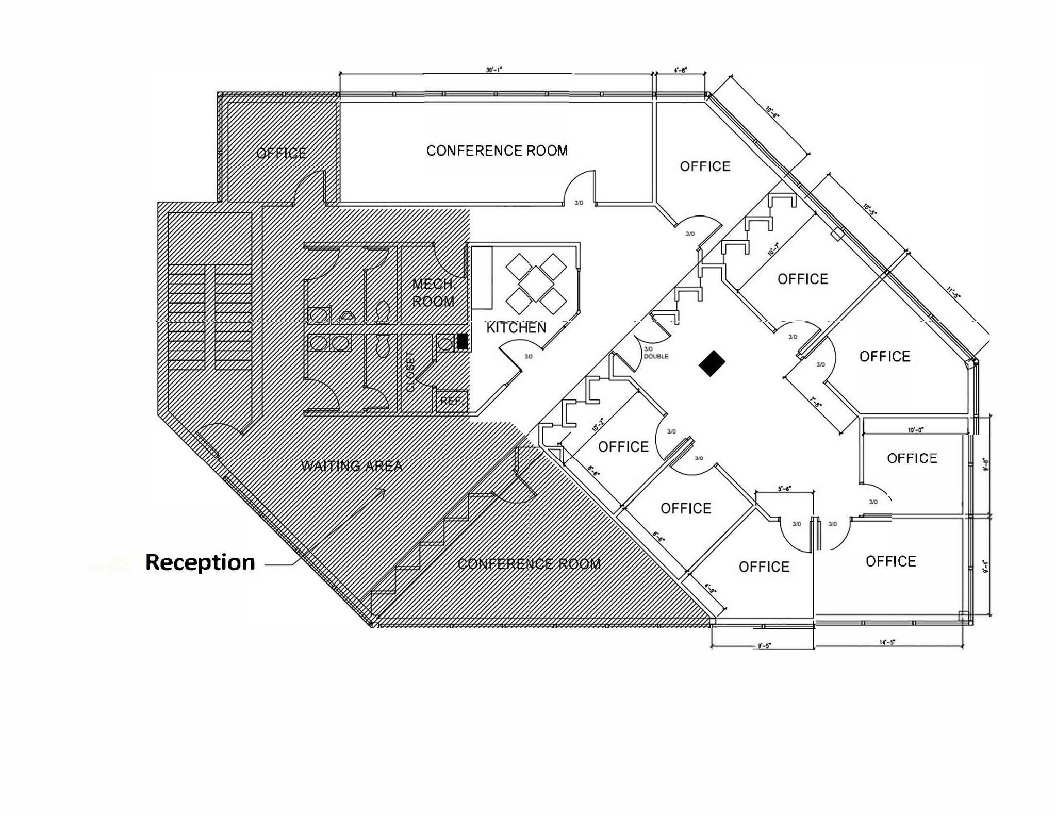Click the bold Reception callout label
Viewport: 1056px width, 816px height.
(200, 562)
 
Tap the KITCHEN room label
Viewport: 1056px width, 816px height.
(516, 328)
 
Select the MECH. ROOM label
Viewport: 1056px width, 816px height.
(433, 293)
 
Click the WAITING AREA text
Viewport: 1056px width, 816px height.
(352, 466)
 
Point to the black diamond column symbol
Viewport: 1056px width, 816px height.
(712, 363)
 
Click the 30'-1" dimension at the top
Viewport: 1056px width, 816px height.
(493, 70)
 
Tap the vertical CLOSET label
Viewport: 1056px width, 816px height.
(410, 371)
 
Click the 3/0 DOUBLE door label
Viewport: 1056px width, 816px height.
(655, 353)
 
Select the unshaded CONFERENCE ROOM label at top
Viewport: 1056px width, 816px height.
(497, 151)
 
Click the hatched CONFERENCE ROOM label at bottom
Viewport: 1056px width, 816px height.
(529, 564)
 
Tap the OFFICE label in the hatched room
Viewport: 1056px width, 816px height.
(282, 153)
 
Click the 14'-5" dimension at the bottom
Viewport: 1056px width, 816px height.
(887, 642)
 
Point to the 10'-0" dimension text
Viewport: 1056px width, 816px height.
(916, 430)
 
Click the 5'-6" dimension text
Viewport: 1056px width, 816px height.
(784, 489)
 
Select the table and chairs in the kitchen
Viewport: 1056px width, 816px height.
(536, 284)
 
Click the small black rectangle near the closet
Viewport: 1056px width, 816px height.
(463, 341)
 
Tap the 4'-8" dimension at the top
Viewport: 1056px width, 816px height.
(680, 70)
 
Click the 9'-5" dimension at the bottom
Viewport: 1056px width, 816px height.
(764, 645)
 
